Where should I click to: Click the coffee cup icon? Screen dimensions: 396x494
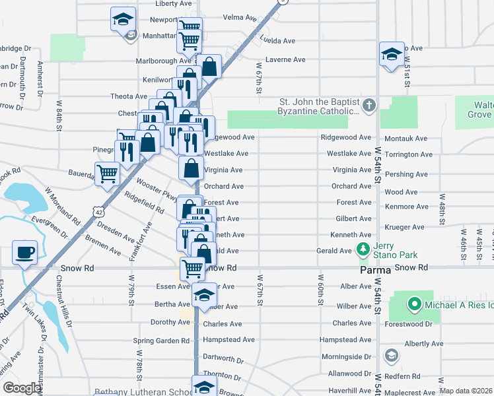[25, 253]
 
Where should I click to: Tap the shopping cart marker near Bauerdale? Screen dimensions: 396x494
[107, 174]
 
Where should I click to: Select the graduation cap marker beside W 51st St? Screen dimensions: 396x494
[392, 55]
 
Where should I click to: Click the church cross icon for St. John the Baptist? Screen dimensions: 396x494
[369, 104]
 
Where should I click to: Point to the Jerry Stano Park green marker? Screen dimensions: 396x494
[362, 249]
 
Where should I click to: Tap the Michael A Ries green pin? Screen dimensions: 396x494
[414, 304]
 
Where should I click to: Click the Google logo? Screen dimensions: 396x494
[22, 388]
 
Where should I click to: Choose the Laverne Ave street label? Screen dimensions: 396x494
[285, 59]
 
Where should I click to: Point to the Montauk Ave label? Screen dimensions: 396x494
[405, 138]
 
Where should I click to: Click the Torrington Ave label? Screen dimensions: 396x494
[408, 154]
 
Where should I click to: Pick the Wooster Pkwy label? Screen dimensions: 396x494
[157, 190]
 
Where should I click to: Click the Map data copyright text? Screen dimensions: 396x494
[466, 391]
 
